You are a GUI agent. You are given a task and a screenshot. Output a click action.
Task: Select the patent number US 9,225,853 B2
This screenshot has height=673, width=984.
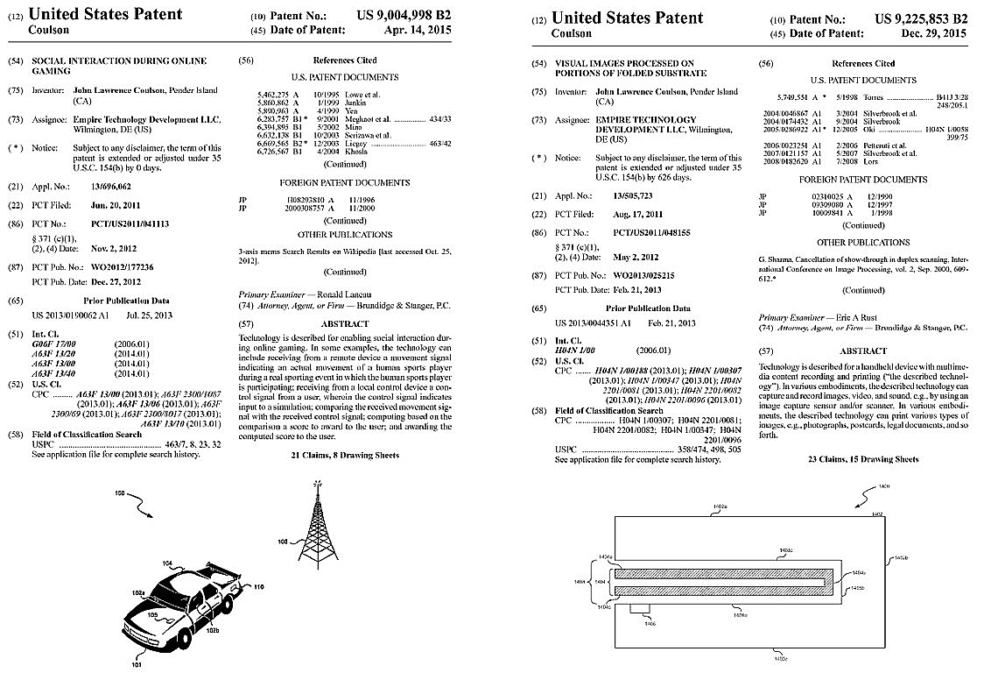coord(921,18)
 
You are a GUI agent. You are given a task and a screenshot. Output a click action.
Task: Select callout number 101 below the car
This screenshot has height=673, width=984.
coord(136,663)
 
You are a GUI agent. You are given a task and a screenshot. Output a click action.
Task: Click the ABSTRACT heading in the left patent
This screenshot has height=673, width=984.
coord(344,323)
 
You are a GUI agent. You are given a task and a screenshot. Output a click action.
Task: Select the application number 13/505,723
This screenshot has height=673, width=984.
coord(620,195)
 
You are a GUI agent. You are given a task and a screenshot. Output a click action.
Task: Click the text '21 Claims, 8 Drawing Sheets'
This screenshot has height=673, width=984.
coord(344,456)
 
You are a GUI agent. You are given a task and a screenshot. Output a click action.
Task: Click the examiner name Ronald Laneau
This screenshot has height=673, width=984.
coord(341,294)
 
